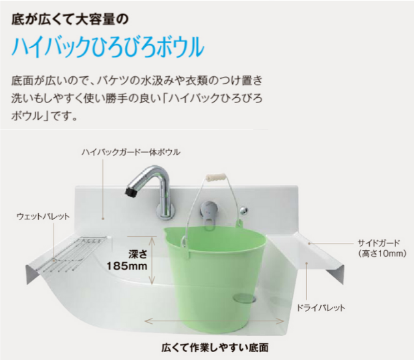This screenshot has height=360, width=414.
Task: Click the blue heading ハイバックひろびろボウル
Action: pos(108,47)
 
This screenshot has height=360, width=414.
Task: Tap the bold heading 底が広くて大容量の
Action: pos(70,20)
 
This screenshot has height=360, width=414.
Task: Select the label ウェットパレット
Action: pos(43,217)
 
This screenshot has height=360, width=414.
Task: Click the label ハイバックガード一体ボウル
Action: pos(131,152)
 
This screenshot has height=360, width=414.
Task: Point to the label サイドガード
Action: pos(379,242)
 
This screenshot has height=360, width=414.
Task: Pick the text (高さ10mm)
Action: pos(383,254)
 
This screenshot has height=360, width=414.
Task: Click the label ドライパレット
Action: pos(321,308)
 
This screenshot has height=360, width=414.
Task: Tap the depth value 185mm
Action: pos(126,266)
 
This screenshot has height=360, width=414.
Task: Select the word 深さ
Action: pos(138,254)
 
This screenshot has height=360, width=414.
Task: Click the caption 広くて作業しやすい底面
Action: pos(215,347)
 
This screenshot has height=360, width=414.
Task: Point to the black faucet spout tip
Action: pos(130,192)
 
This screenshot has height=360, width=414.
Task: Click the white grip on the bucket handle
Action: pos(216,177)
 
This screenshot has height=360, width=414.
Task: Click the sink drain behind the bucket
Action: pos(245,298)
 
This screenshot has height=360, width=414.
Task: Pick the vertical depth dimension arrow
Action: pos(152,260)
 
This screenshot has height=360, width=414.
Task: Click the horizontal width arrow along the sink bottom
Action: pos(215,321)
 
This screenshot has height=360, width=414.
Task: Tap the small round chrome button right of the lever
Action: pos(243,211)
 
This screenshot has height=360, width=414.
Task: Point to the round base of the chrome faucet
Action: pos(166,211)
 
